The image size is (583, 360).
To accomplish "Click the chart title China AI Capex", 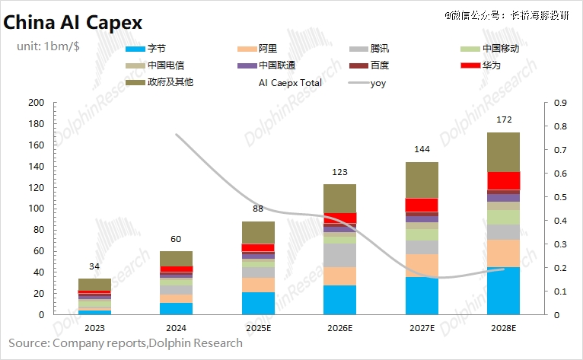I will [73, 22].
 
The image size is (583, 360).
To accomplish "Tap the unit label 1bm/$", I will [47, 46].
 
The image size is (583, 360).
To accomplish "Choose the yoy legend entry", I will [378, 82].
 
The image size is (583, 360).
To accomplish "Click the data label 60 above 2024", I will [176, 239].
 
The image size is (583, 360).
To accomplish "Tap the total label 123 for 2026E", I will [339, 172].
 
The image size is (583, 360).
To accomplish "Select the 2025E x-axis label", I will [257, 328].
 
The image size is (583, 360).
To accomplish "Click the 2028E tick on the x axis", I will [503, 328].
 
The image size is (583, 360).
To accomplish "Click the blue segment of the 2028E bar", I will [503, 291].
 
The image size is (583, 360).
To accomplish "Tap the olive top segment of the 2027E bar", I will [421, 180].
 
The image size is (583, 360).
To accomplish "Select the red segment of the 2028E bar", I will [503, 180].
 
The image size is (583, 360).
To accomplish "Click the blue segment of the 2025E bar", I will [257, 303].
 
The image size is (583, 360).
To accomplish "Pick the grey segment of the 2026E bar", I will [339, 255].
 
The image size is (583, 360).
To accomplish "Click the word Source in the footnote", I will [27, 343].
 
